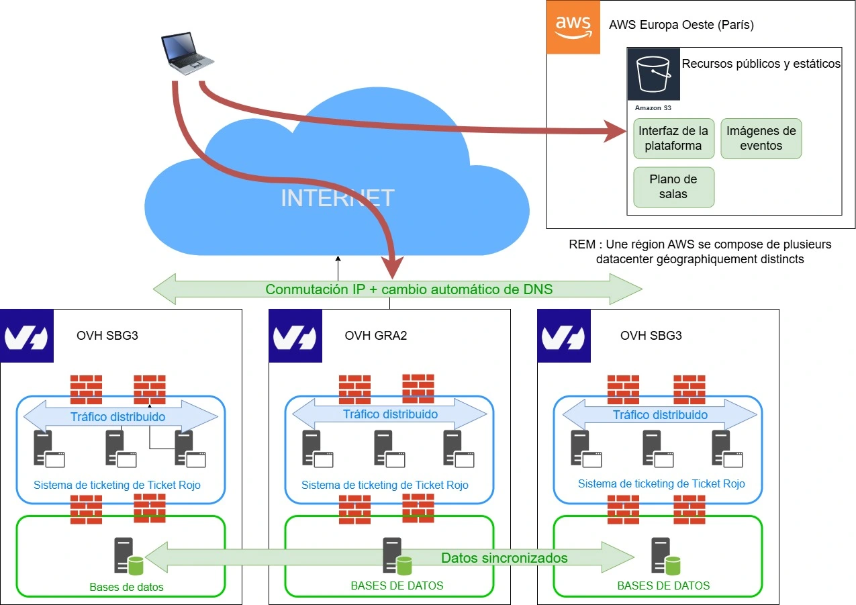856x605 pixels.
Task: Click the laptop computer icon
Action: tap(187, 54)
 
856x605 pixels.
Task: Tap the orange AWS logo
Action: tap(573, 27)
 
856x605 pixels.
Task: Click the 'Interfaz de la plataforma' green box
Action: tap(673, 138)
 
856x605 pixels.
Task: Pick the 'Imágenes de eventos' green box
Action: tap(761, 138)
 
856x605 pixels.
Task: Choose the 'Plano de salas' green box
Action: tap(673, 187)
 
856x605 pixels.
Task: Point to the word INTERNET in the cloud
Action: tap(337, 199)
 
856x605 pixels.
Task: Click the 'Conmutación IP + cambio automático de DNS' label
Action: tap(409, 289)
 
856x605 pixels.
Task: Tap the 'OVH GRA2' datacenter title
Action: tap(376, 335)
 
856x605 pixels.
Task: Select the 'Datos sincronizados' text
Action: tap(504, 557)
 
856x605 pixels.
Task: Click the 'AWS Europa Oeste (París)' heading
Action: tap(681, 26)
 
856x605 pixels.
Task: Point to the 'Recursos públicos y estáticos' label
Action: tap(761, 64)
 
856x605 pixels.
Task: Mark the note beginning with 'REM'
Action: tap(700, 251)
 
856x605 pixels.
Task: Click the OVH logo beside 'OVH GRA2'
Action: tap(296, 336)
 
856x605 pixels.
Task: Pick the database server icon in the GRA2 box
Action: tap(395, 556)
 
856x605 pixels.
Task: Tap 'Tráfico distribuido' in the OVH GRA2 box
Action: tap(390, 414)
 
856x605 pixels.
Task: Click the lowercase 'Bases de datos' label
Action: tap(126, 586)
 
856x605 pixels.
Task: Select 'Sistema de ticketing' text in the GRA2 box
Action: tap(385, 485)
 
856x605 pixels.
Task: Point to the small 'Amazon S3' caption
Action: tap(653, 107)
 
